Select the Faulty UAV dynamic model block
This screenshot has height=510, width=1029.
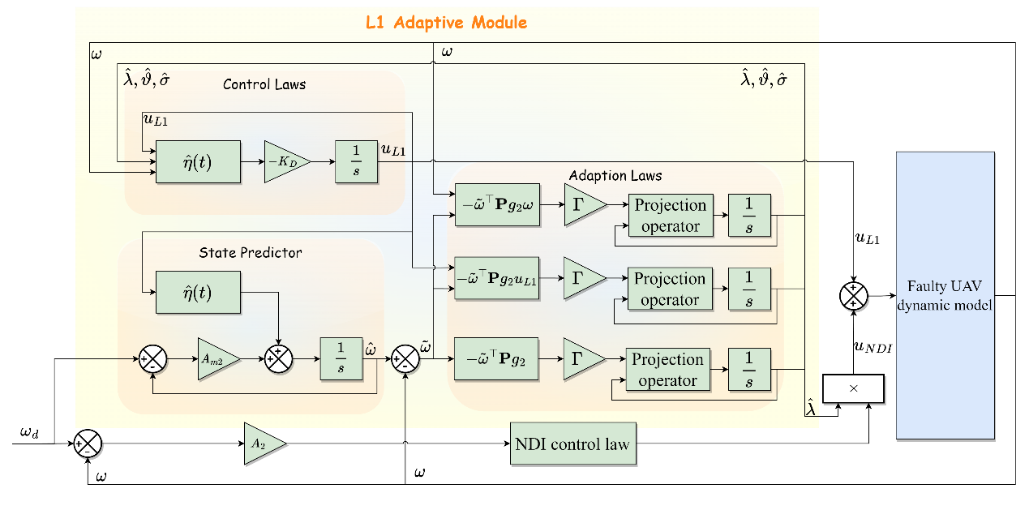tap(945, 296)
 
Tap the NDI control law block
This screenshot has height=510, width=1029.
tap(572, 444)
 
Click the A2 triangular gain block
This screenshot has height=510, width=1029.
tap(262, 444)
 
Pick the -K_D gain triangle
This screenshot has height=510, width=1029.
tap(284, 161)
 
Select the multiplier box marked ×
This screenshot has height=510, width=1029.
tap(854, 388)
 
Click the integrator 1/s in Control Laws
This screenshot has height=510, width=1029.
tap(357, 161)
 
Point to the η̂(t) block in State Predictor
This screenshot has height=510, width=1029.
tap(199, 292)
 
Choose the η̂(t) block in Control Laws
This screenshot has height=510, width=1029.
tap(199, 161)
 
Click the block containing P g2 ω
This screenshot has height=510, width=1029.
tap(497, 204)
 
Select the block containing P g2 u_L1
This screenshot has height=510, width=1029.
tap(497, 277)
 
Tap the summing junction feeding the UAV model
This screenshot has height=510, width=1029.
tap(853, 295)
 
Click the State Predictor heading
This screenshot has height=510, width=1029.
tap(251, 253)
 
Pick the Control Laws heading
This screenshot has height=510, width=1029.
tap(264, 84)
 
